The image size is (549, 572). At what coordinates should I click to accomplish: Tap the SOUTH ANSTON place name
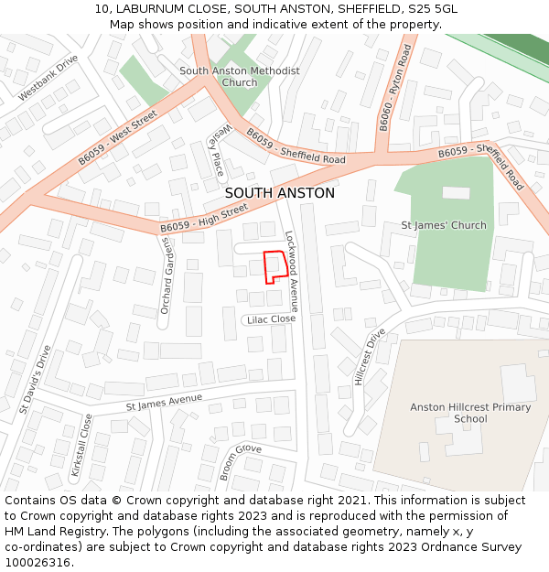tap(279, 193)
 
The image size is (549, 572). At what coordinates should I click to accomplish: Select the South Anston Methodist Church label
tap(239, 77)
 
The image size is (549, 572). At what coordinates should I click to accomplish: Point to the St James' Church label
tap(444, 225)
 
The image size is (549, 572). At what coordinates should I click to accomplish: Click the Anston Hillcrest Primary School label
tap(470, 414)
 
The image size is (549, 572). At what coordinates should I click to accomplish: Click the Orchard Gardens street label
tap(167, 275)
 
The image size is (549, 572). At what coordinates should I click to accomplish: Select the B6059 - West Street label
tap(117, 139)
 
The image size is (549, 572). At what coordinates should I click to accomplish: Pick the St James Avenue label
tap(164, 401)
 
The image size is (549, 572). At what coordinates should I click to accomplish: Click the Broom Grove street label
tap(241, 462)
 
